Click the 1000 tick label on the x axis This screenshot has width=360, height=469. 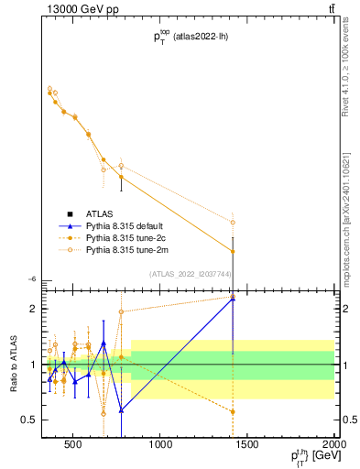[160, 446]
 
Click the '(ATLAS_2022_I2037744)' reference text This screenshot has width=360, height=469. [190, 274]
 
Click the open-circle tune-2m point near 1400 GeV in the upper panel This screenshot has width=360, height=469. [233, 222]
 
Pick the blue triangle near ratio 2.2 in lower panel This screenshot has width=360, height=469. [233, 298]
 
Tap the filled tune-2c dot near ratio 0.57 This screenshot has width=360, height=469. [233, 411]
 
